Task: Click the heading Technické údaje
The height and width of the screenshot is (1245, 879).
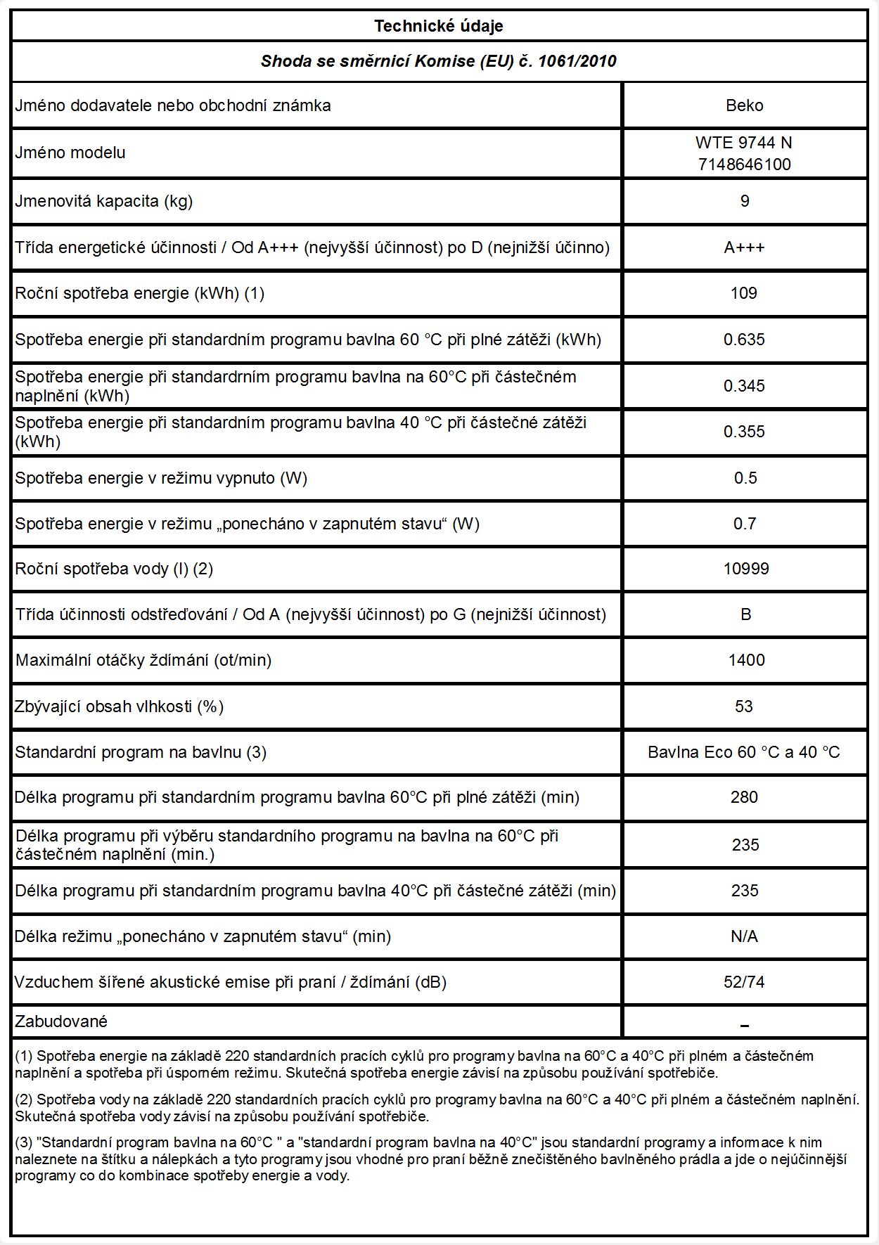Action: click(x=439, y=27)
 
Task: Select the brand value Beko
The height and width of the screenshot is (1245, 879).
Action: click(x=744, y=105)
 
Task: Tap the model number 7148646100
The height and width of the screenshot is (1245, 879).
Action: click(x=744, y=165)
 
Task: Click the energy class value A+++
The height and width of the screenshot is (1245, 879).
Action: click(x=744, y=247)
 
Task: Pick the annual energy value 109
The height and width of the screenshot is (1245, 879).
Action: click(x=744, y=293)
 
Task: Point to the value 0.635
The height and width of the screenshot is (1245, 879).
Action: click(x=744, y=340)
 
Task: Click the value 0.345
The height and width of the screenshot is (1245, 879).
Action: click(x=744, y=386)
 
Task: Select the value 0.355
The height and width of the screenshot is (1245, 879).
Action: click(x=744, y=432)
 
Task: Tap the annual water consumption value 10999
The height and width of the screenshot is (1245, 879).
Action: click(x=745, y=569)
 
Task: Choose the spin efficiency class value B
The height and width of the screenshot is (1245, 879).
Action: click(x=745, y=614)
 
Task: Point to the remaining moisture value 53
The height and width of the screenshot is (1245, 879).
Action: click(x=744, y=707)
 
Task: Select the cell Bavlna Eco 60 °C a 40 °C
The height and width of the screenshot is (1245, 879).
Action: click(x=744, y=752)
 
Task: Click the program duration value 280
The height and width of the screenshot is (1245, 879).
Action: click(x=744, y=797)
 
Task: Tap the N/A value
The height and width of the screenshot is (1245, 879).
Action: click(x=744, y=936)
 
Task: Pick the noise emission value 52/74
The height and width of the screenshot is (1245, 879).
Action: click(x=744, y=982)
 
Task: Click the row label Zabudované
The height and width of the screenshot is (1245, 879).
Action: click(x=61, y=1021)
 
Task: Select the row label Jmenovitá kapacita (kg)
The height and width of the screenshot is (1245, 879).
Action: click(x=104, y=201)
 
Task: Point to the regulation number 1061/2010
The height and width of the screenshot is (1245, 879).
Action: click(x=577, y=61)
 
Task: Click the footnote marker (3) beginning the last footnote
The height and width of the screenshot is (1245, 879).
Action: click(x=24, y=1143)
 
